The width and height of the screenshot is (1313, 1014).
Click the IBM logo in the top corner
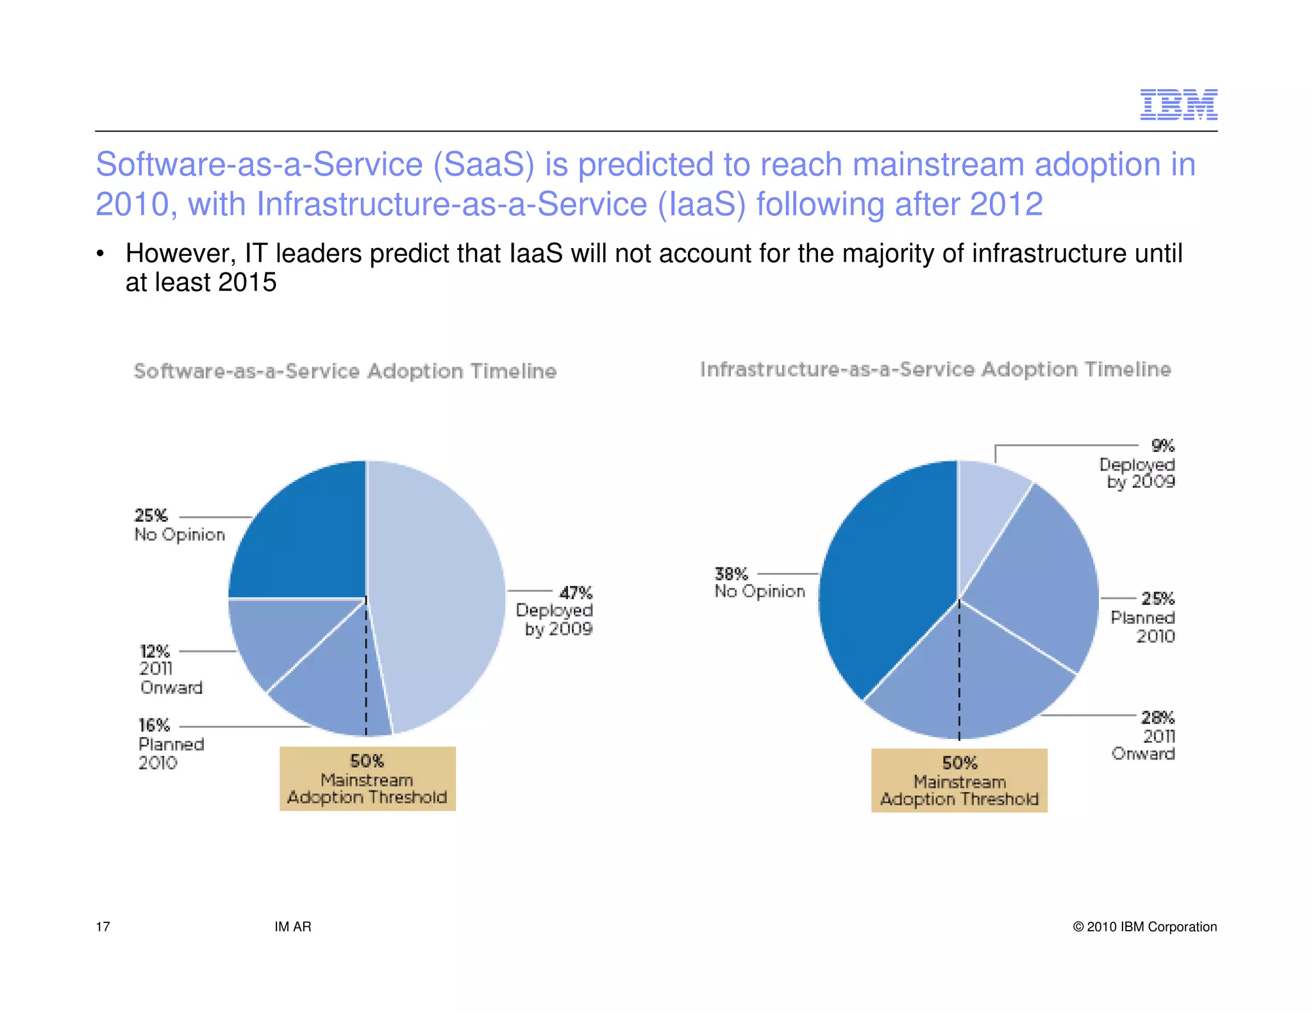1178,104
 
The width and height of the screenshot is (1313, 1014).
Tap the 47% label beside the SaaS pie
576,593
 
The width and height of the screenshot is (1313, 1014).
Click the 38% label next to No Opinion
732,574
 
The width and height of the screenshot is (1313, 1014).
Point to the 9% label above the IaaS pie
1162,445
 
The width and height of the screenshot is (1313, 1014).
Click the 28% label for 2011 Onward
1158,717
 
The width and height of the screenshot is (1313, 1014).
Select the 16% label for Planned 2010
154,726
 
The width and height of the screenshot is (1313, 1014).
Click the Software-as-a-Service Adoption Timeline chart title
345,371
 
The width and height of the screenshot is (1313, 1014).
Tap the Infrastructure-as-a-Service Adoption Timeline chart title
935,369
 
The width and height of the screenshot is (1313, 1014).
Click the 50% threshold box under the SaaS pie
367,779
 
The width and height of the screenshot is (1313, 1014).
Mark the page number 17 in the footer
103,927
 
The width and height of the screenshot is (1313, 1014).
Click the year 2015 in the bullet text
247,283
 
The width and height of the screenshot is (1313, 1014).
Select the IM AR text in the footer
293,927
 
